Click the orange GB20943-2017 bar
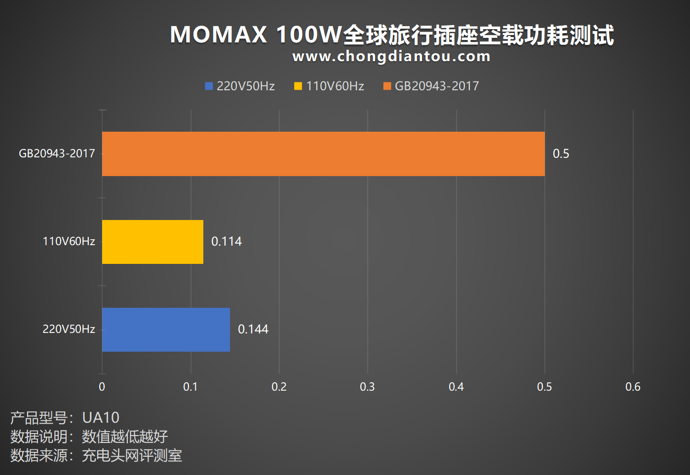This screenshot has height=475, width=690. pos(323,154)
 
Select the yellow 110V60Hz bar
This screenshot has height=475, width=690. pos(153,242)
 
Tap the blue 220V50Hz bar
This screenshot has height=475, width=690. pos(166,329)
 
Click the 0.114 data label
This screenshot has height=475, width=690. pos(227,242)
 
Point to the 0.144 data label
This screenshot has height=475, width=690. pos(253,329)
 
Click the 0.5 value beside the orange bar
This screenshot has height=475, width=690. pos(561,153)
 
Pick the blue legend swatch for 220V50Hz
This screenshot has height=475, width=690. pos(209,86)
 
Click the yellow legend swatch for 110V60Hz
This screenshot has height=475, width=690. pos(298,86)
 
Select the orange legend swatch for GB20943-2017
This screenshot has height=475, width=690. pos(387,86)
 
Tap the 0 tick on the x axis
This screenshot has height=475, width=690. pos(102,387)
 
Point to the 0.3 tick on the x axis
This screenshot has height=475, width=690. pos(368,387)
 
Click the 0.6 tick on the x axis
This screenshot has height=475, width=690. pos(633,387)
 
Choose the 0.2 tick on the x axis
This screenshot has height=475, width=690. pos(279,387)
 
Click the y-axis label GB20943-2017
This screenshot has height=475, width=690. pos(57,153)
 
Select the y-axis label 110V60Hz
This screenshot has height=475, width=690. pos(69,241)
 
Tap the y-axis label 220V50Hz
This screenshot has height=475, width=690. pos(69,329)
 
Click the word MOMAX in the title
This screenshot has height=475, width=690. pos(218,35)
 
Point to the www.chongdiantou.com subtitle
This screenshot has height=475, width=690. pos(391,56)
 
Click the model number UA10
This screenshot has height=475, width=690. pos(101,418)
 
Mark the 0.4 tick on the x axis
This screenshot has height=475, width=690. pos(456,387)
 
